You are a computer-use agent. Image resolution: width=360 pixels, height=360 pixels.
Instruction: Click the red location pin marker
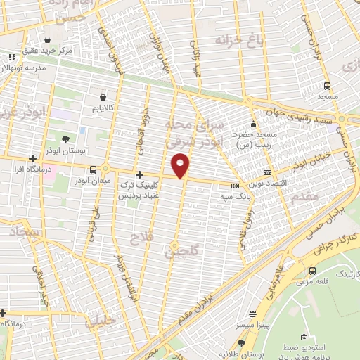tap(181, 166)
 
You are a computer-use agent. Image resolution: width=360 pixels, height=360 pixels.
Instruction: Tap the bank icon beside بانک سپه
tap(234, 186)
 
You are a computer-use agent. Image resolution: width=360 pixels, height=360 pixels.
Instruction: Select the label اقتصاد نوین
tap(289, 172)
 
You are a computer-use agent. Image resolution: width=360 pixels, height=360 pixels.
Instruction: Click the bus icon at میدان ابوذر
tap(94, 169)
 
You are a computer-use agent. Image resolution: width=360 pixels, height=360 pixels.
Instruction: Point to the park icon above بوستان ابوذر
tap(65, 139)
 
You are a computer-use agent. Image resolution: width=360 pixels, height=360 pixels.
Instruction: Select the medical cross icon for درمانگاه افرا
tap(32, 159)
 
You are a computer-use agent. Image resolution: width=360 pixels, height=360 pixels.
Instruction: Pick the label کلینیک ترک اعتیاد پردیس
tap(139, 189)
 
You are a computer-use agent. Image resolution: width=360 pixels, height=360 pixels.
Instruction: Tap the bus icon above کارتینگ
tap(312, 271)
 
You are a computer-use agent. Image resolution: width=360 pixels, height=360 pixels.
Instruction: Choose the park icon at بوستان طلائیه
tap(242, 342)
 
